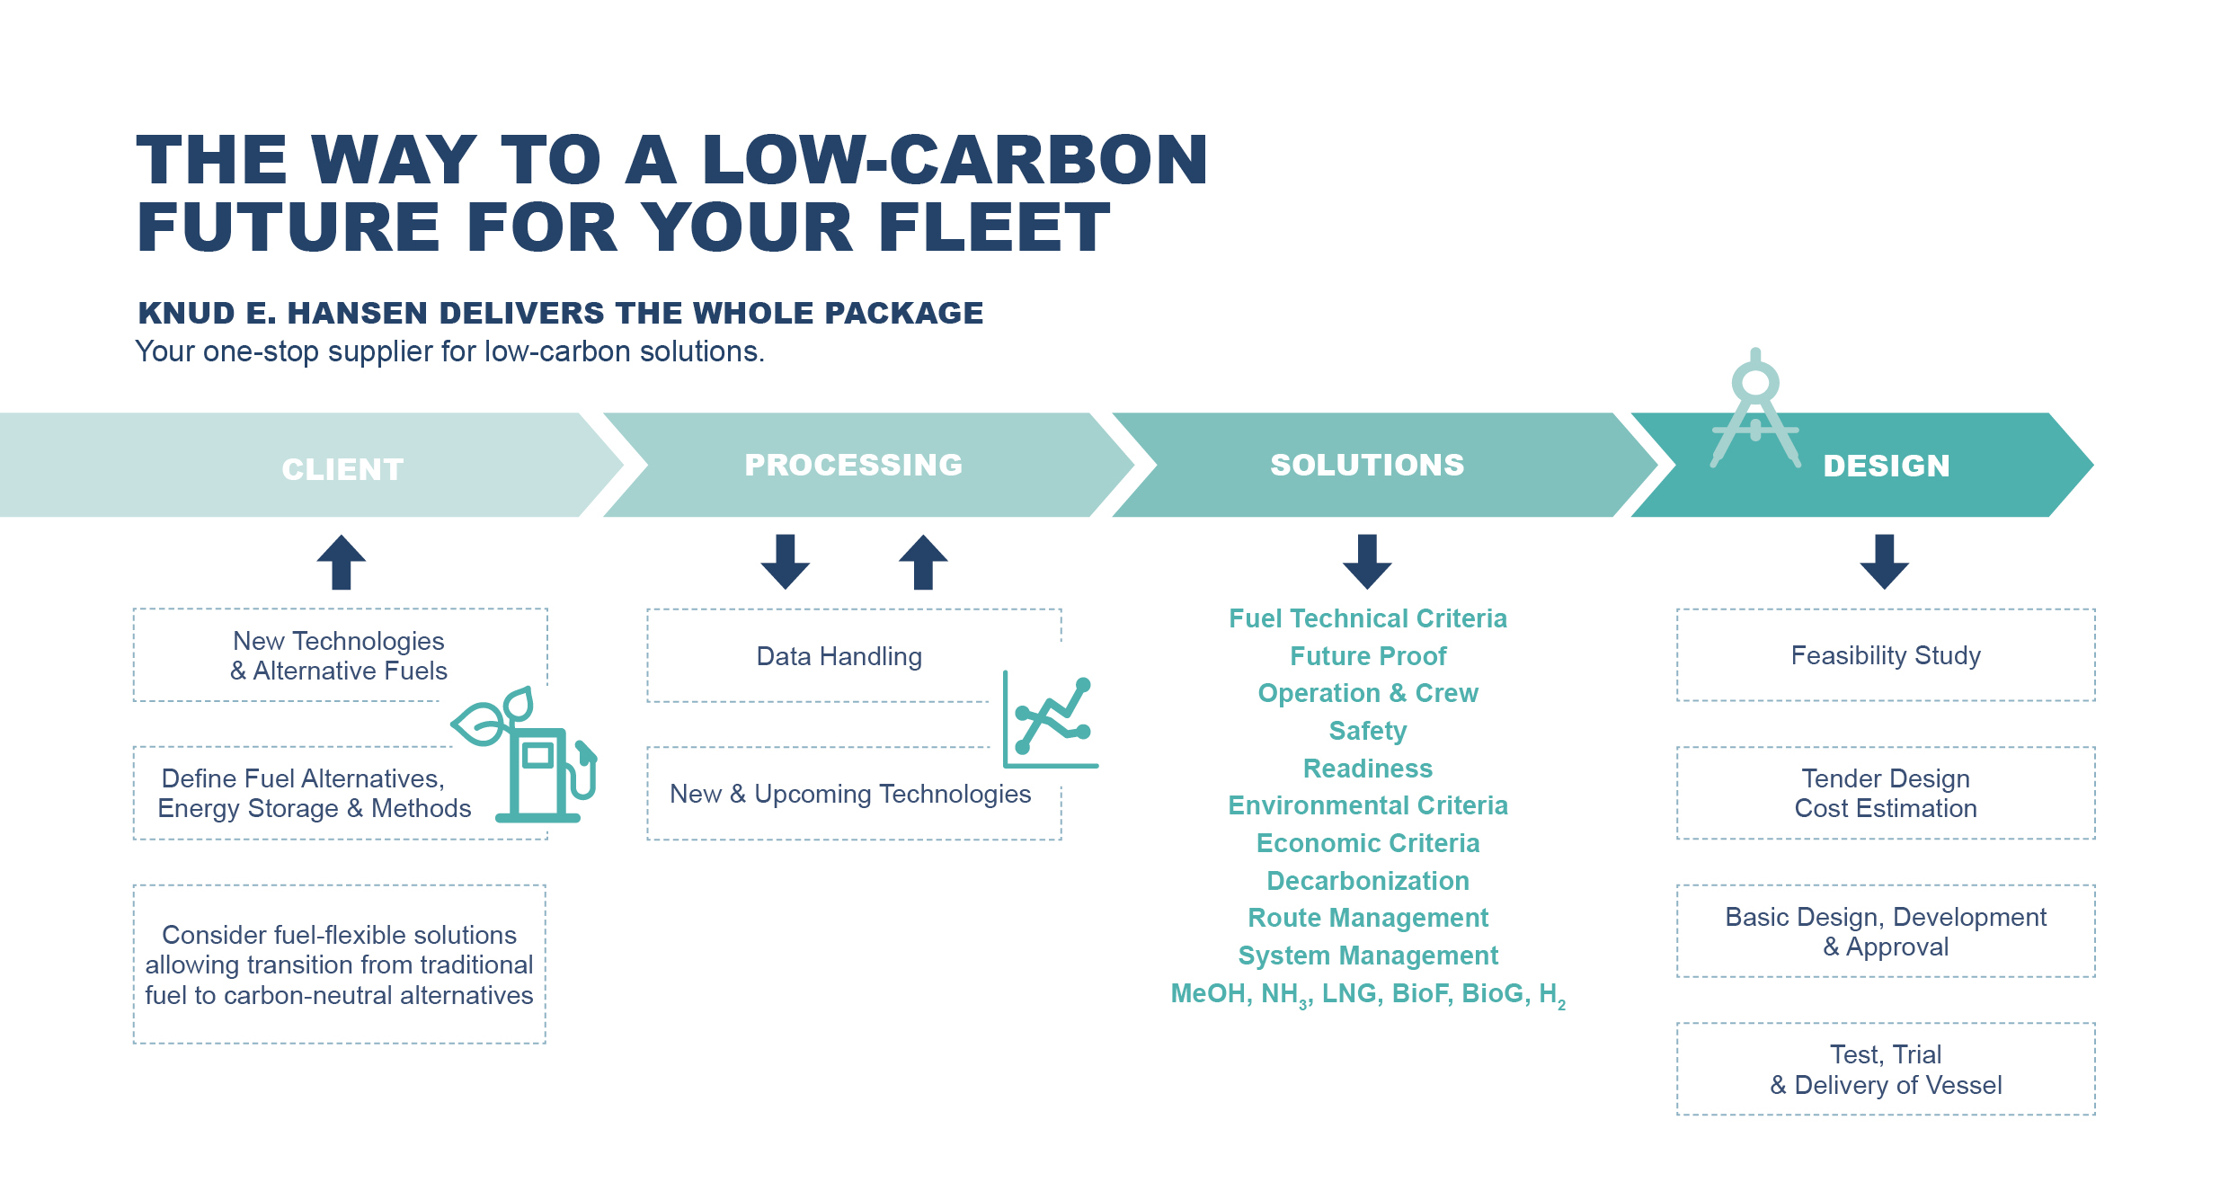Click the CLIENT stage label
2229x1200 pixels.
point(342,469)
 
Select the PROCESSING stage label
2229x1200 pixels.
point(854,465)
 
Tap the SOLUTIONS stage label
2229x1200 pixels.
point(1367,465)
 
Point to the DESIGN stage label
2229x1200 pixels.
point(1887,466)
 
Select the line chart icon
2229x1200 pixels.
point(1050,719)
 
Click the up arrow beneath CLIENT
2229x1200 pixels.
point(342,562)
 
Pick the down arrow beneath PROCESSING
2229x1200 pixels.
point(786,562)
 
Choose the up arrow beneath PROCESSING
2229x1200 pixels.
point(923,562)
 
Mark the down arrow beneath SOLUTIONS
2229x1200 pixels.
point(1367,562)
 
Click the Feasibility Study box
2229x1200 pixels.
point(1886,655)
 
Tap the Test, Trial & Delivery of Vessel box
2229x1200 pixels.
point(1886,1070)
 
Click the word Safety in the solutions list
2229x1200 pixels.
point(1368,731)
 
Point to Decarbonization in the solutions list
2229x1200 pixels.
point(1368,881)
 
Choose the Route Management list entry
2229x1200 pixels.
point(1368,918)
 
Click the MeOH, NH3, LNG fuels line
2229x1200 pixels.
point(1368,994)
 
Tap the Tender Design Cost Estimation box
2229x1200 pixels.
point(1886,793)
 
